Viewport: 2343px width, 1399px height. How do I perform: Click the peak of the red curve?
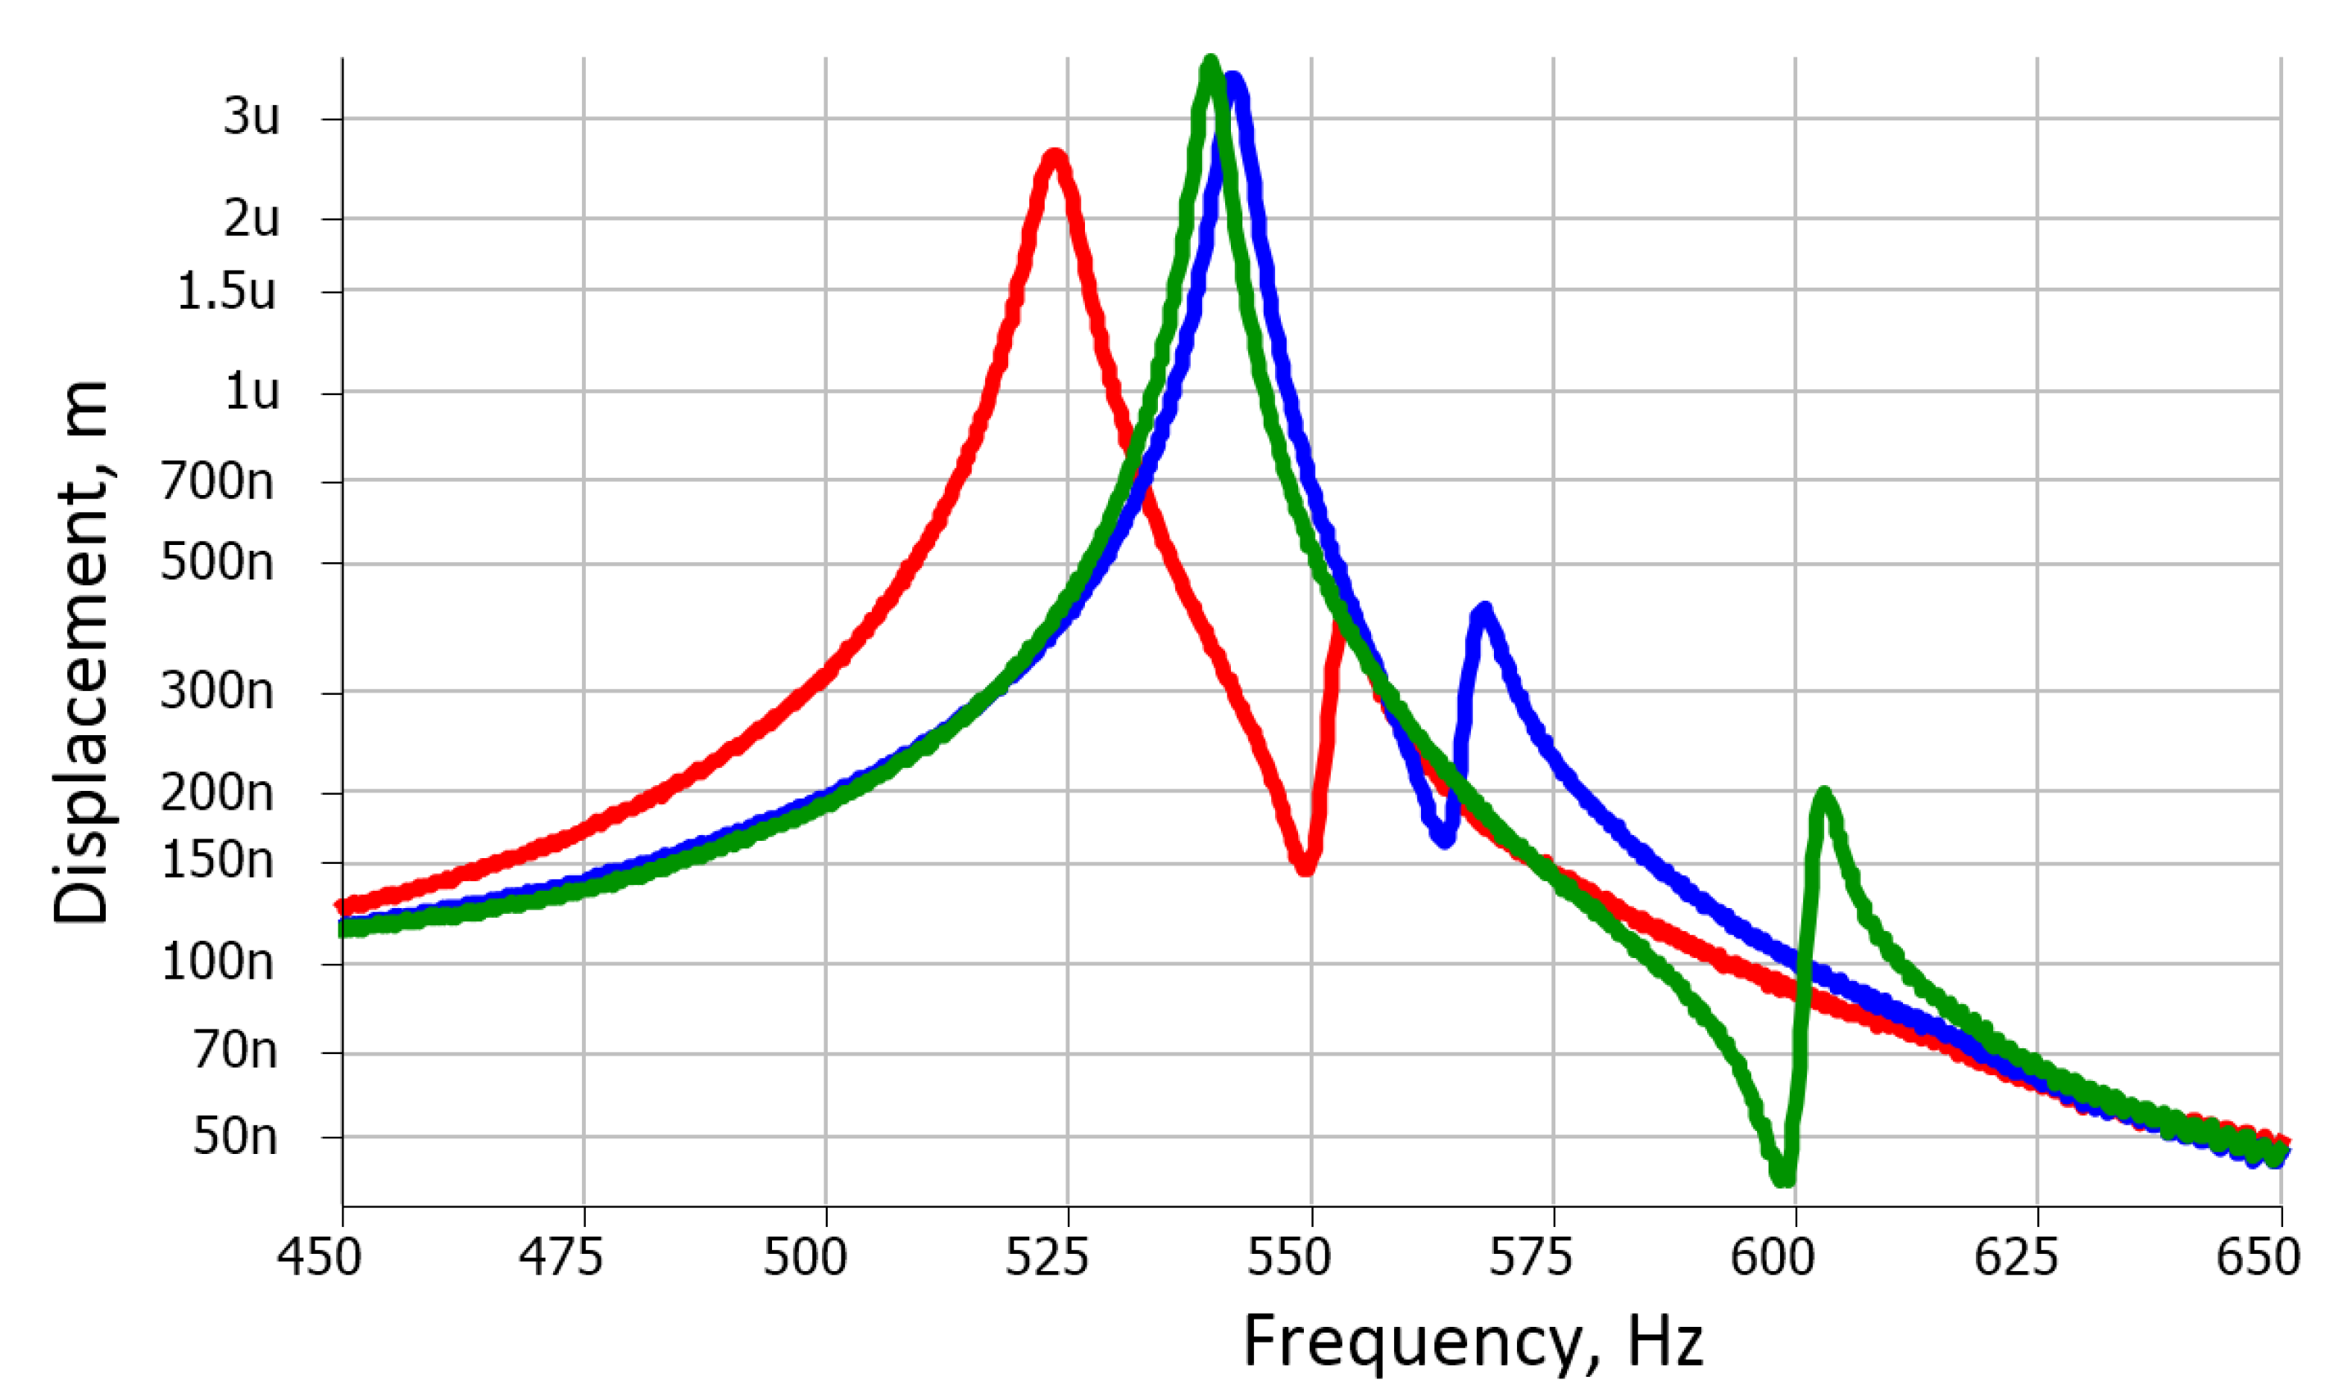pos(1054,158)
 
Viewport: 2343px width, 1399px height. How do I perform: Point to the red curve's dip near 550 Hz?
pos(1305,866)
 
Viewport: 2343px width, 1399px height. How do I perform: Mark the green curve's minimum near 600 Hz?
pos(1782,1178)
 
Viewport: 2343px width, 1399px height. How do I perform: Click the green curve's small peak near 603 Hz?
pos(1823,796)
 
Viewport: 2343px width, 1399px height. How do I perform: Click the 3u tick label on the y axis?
pos(251,118)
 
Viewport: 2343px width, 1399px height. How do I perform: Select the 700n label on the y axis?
pos(217,482)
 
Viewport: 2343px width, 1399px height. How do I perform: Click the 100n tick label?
pos(218,964)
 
